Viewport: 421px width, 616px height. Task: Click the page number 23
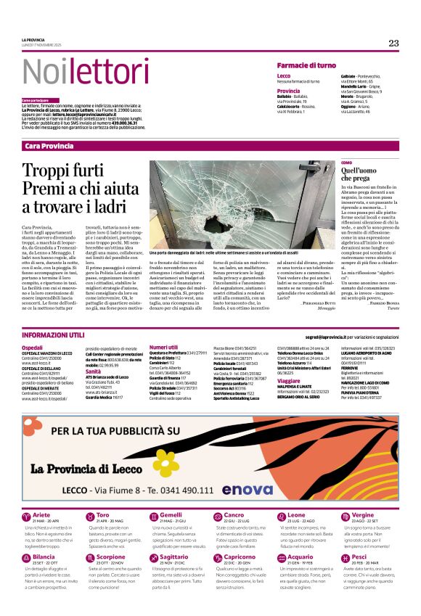[x=393, y=44]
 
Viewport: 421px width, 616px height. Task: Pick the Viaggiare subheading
[x=289, y=380]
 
